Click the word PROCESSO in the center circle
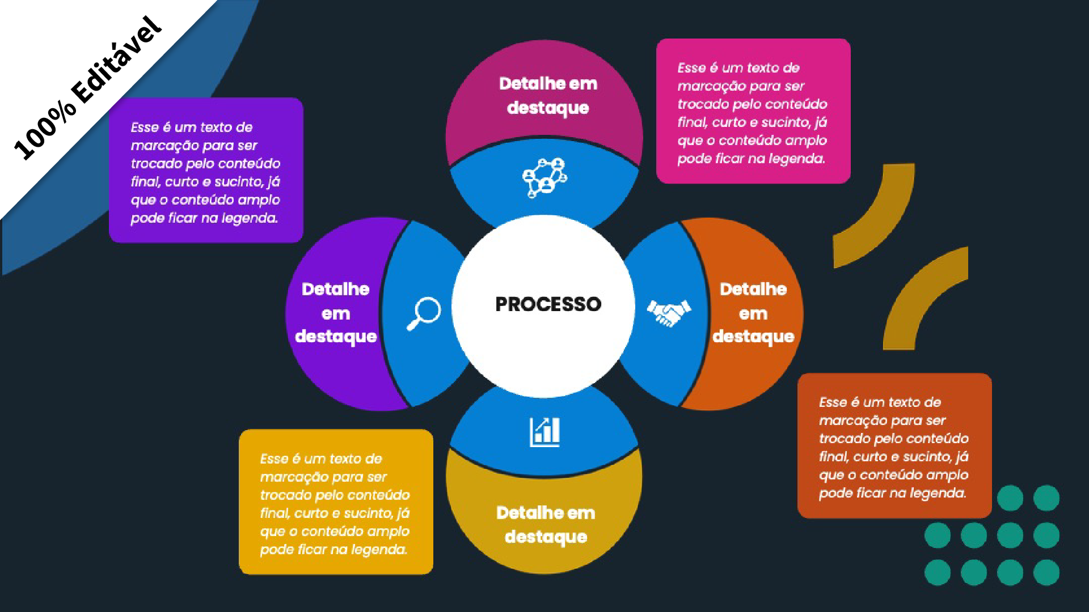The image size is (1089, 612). click(x=548, y=304)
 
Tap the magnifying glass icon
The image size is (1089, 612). click(x=424, y=313)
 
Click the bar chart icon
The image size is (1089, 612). click(x=544, y=432)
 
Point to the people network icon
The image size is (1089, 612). click(x=544, y=177)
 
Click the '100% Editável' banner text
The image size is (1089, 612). click(x=88, y=88)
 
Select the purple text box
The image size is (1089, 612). click(x=206, y=170)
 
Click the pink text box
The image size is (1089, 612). click(x=753, y=111)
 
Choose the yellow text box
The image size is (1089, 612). click(x=336, y=502)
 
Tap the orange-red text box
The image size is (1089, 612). click(x=894, y=445)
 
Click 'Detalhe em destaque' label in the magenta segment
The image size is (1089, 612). click(x=548, y=96)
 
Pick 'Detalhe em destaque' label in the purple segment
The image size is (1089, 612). click(x=336, y=313)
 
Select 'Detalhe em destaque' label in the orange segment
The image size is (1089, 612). click(x=753, y=313)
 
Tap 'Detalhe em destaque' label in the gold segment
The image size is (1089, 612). click(x=546, y=525)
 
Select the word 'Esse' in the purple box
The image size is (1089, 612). click(x=144, y=127)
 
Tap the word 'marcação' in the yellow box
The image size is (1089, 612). click(x=286, y=477)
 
